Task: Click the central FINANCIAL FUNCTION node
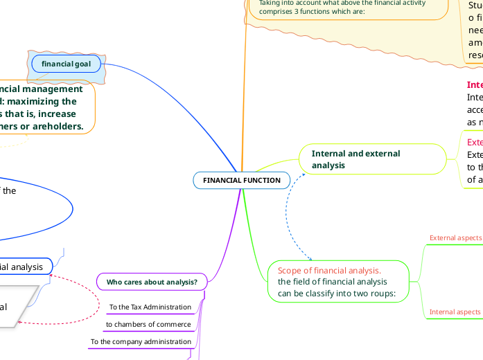tap(242, 180)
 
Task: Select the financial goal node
tap(66, 64)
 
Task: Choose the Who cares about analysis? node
tap(152, 282)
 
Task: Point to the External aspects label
tap(455, 237)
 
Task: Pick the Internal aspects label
tap(455, 312)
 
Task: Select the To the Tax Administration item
tap(150, 307)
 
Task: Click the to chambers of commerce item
tap(148, 324)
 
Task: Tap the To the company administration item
tap(141, 341)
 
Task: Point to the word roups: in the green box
tap(380, 293)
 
